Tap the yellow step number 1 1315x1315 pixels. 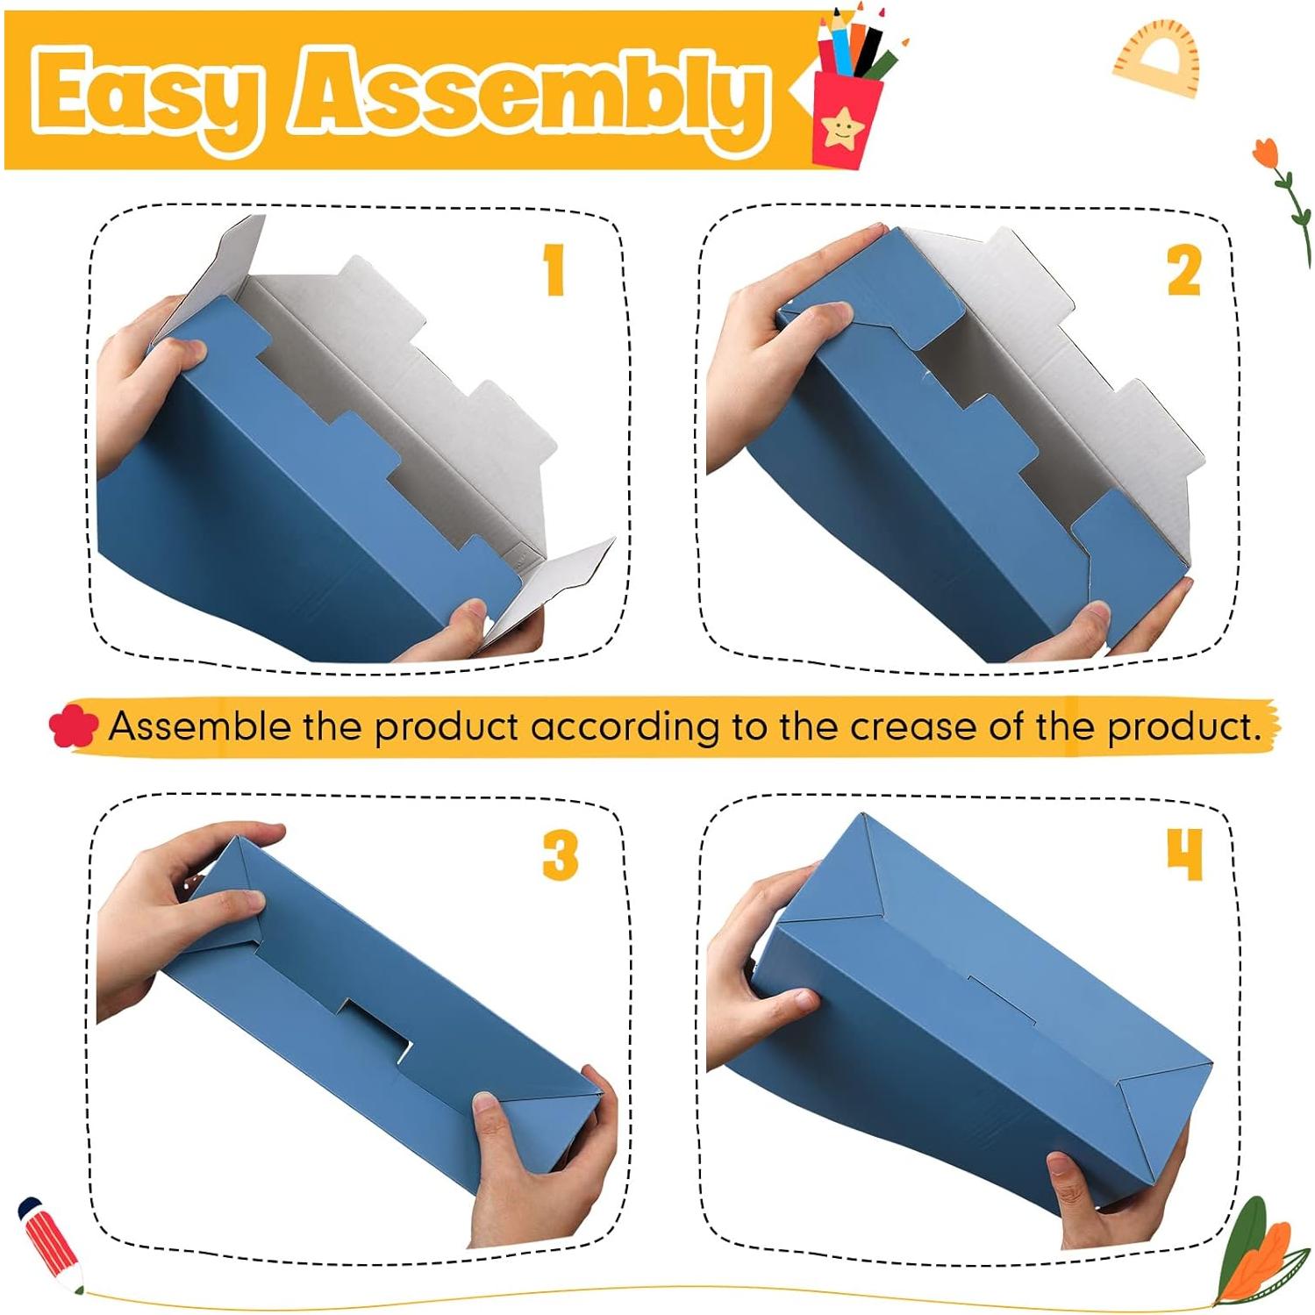tap(554, 269)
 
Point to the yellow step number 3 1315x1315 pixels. tap(560, 855)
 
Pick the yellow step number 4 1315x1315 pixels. tap(1183, 854)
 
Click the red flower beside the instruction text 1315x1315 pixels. tap(74, 727)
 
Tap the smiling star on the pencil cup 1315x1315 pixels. tap(843, 129)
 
